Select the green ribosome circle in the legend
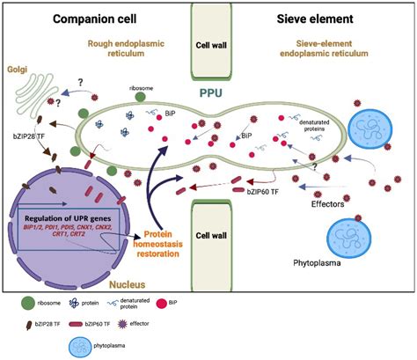click(28, 301)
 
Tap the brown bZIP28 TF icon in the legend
click(28, 325)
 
